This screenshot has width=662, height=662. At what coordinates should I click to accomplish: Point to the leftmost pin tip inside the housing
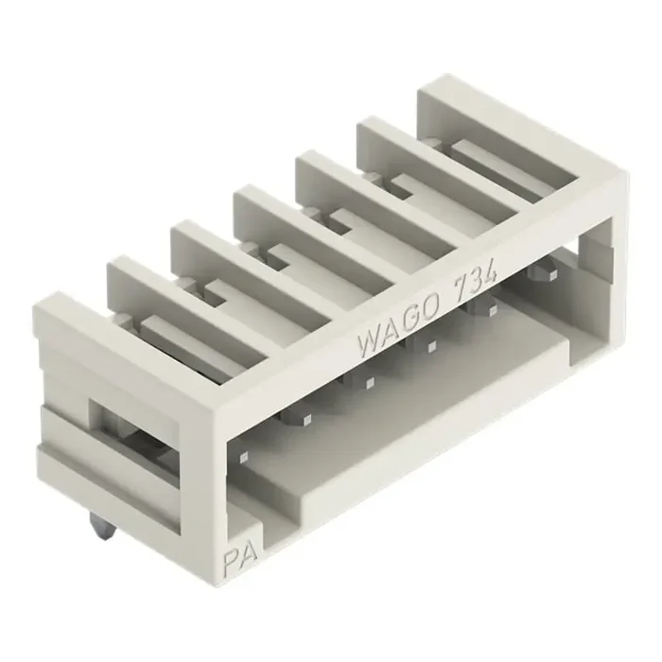[x=244, y=457]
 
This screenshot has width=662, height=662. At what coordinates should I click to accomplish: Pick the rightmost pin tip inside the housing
[x=541, y=272]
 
